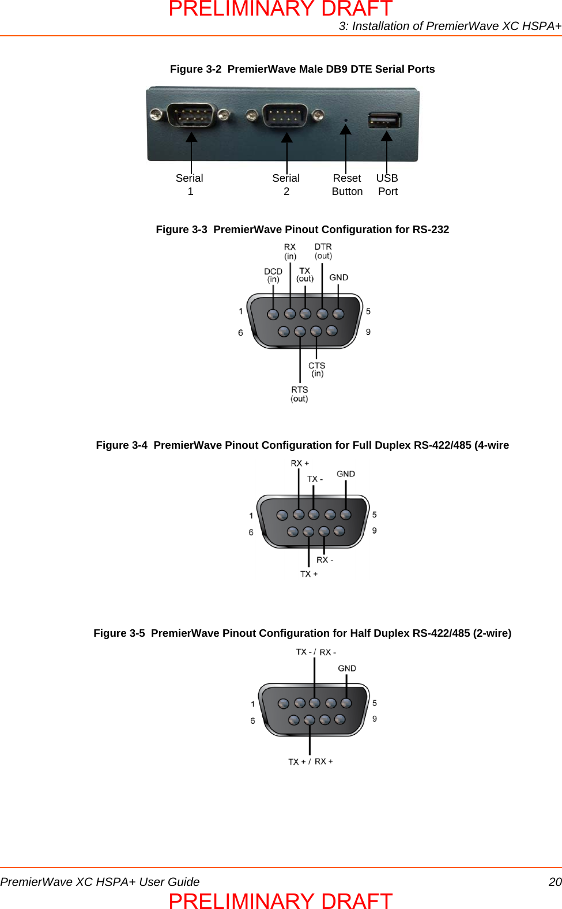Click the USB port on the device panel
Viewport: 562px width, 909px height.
(x=384, y=120)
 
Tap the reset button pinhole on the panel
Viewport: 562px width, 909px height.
(x=346, y=121)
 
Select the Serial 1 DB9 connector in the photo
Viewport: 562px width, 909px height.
(x=191, y=115)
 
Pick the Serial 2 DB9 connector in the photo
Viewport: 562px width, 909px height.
(x=285, y=115)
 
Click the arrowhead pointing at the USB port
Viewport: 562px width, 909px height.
(x=387, y=136)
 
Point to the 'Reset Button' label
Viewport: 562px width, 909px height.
(x=347, y=185)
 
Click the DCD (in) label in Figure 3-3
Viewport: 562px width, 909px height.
(x=273, y=275)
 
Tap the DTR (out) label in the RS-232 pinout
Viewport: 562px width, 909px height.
(x=323, y=251)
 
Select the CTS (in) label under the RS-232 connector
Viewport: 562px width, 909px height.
(x=317, y=369)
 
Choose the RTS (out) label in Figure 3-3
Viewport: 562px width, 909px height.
(x=300, y=394)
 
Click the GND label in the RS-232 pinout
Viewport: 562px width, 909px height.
(x=339, y=277)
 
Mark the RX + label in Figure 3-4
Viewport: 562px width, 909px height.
(x=300, y=463)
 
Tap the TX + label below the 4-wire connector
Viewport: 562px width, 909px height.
(x=309, y=574)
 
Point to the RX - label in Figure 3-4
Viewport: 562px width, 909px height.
(x=325, y=559)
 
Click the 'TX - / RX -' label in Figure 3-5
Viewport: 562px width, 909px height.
(x=316, y=652)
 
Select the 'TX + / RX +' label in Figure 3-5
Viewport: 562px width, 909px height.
(x=311, y=761)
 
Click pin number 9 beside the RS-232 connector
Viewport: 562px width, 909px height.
(x=368, y=332)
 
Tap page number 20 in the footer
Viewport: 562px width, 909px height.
(x=555, y=882)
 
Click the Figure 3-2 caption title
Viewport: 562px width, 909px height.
(x=302, y=69)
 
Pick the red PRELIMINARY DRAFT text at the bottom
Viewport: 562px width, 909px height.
(x=281, y=900)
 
